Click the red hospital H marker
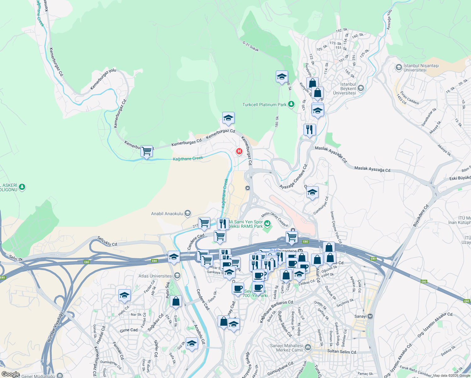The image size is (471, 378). click(x=239, y=152)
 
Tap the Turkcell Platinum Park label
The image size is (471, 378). click(x=264, y=105)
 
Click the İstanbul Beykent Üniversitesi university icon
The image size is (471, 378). click(x=361, y=88)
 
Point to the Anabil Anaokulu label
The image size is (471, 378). click(x=167, y=214)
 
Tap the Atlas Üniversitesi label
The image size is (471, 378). click(x=156, y=276)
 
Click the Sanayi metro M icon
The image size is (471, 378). click(x=370, y=316)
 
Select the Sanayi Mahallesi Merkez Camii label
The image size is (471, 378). click(x=287, y=348)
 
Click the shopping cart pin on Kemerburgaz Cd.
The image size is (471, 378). click(x=146, y=151)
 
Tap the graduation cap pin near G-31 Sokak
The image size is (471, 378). click(x=282, y=77)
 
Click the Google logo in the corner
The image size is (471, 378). click(x=10, y=374)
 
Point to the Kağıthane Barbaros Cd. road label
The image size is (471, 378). click(x=276, y=311)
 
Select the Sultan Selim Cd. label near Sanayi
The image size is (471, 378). click(x=342, y=352)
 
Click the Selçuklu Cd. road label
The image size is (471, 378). click(x=107, y=241)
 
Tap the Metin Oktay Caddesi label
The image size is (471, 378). click(x=275, y=219)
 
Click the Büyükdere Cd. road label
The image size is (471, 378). click(x=421, y=215)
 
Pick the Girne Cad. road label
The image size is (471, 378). click(x=129, y=330)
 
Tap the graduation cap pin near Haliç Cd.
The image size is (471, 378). click(x=124, y=296)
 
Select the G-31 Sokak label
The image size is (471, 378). click(x=251, y=46)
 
